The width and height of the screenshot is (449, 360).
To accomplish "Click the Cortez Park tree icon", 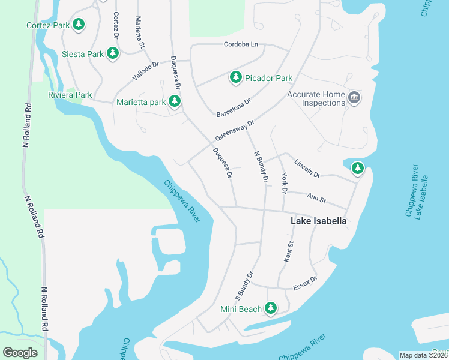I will tap(78, 25).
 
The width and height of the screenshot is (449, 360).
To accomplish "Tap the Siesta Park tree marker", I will tap(112, 53).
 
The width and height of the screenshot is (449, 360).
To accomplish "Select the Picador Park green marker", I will tap(236, 77).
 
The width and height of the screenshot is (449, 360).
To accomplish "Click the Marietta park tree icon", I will tap(175, 101).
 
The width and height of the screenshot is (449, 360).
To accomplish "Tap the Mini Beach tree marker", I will tap(271, 308).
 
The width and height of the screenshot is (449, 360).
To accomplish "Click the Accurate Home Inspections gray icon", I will tap(354, 98).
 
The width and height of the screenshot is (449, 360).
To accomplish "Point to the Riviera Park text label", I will tap(70, 95).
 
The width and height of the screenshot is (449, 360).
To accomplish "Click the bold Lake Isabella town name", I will tap(318, 221).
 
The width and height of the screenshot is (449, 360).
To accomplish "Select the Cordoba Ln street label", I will tap(240, 44).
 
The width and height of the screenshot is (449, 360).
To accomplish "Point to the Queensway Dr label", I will tap(235, 130).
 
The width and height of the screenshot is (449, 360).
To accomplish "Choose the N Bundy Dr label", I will tap(261, 167).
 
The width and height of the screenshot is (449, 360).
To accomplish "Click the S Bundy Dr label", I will tap(245, 285).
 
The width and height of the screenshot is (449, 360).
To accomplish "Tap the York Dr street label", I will tap(284, 182).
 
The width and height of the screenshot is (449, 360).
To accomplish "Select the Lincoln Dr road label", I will tap(307, 168).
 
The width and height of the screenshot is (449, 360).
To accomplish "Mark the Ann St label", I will tap(316, 199).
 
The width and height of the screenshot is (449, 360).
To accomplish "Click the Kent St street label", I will tap(289, 252).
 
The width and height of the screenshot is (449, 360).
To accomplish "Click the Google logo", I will tap(20, 352).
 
